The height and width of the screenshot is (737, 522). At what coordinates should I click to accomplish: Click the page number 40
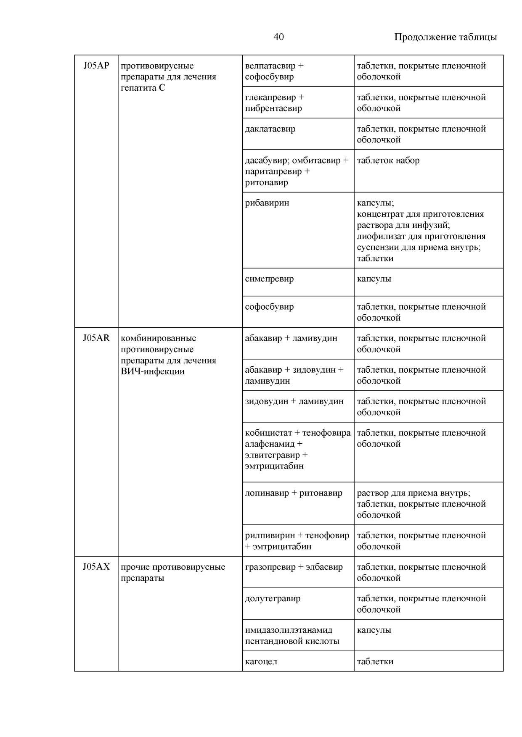(278, 37)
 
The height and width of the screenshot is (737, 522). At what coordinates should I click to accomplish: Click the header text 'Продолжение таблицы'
(445, 37)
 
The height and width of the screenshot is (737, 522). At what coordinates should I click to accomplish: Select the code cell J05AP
(96, 66)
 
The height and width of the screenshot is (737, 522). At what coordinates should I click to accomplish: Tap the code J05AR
(96, 338)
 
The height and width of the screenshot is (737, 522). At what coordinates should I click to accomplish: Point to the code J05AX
(96, 567)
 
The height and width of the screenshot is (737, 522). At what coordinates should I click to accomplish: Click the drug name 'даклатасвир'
(270, 129)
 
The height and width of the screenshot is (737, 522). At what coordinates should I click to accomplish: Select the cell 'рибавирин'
(267, 203)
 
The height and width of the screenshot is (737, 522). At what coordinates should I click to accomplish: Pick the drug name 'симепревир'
(269, 279)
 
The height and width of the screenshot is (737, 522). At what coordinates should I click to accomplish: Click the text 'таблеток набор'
(388, 161)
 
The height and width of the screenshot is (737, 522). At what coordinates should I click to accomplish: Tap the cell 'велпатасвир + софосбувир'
(274, 71)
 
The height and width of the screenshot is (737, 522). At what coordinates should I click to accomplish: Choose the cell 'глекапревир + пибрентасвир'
(274, 103)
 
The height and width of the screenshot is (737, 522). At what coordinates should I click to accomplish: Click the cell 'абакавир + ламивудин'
(291, 338)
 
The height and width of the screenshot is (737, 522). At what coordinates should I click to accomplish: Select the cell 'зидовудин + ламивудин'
(294, 401)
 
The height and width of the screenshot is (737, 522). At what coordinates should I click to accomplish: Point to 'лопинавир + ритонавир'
(294, 493)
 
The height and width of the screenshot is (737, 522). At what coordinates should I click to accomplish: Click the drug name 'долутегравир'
(273, 598)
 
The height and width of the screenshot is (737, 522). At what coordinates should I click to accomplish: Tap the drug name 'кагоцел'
(261, 661)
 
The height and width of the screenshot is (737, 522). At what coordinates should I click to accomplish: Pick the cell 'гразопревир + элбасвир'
(294, 567)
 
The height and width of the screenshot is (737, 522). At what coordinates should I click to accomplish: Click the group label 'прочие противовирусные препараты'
(173, 572)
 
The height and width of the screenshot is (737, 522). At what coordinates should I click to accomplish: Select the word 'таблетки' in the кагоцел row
(375, 661)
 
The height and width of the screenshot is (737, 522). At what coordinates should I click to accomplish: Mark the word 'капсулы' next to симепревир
(374, 279)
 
